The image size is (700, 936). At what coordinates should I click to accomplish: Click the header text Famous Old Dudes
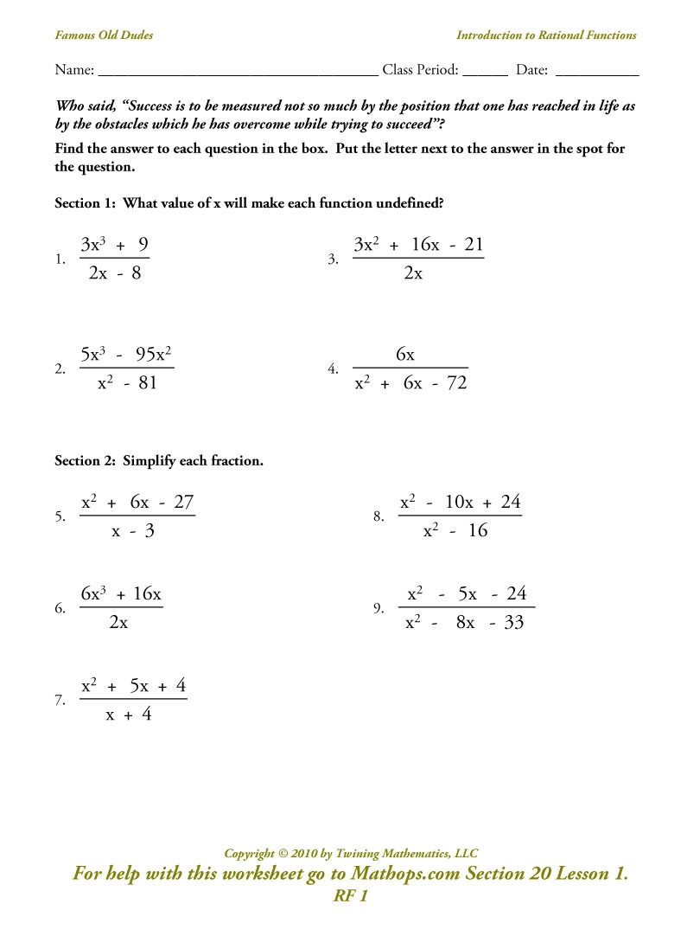pos(104,35)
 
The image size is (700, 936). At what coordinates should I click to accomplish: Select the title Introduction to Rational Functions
pos(546,35)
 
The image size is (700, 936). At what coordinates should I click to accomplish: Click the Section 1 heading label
pos(249,203)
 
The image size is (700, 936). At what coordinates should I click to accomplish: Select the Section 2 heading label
pos(159,461)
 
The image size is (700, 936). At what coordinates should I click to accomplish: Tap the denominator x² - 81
pos(127,382)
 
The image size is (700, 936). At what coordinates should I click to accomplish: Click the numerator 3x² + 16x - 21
pos(418,245)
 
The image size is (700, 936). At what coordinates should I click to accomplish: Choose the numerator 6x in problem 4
pos(405,355)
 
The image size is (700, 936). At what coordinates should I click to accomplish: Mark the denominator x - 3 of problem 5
pos(133,531)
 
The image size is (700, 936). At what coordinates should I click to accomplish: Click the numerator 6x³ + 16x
pos(121,593)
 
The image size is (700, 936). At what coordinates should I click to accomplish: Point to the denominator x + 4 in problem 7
pos(129,715)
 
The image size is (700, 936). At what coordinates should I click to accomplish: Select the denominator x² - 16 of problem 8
pos(455,531)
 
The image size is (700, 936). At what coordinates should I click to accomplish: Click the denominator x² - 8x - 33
pos(465,623)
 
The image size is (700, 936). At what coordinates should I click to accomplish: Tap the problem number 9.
pos(379,609)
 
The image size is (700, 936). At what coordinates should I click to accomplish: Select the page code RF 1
pos(351,896)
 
